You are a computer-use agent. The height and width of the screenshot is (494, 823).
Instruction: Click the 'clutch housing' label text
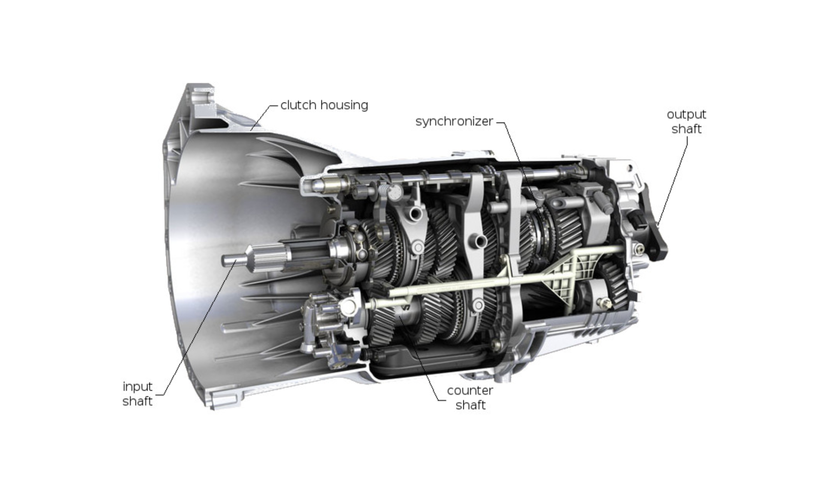(x=324, y=105)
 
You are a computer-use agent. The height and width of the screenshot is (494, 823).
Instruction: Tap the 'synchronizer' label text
(x=454, y=121)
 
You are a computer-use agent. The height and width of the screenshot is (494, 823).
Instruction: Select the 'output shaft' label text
(x=686, y=122)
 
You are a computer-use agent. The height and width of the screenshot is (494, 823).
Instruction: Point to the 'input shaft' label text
(x=138, y=394)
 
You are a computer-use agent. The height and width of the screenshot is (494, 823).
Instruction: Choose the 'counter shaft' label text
(x=470, y=398)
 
